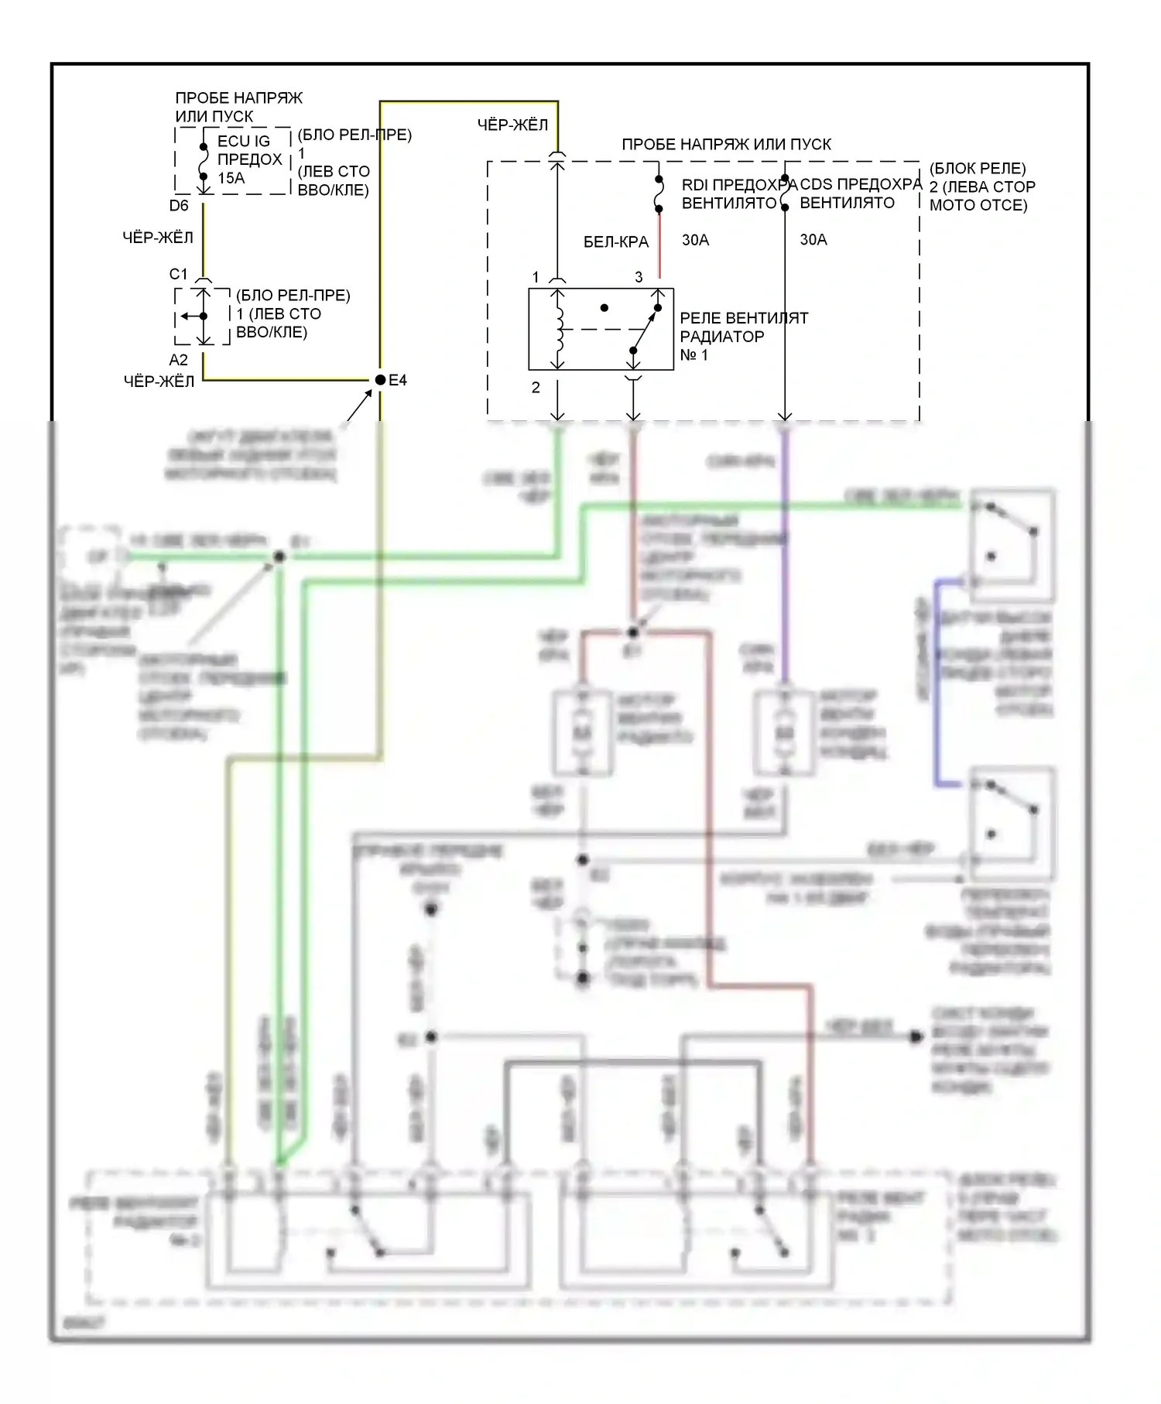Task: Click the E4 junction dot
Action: pyautogui.click(x=380, y=380)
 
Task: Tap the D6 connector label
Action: pyautogui.click(x=179, y=206)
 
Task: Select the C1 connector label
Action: pyautogui.click(x=179, y=274)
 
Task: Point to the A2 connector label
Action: pyautogui.click(x=179, y=360)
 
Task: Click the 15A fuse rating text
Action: pyautogui.click(x=231, y=179)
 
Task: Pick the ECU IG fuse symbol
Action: pyautogui.click(x=204, y=161)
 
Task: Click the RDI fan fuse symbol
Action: pyautogui.click(x=659, y=193)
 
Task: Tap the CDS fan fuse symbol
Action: pyautogui.click(x=785, y=194)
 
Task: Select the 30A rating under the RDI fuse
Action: pyautogui.click(x=695, y=240)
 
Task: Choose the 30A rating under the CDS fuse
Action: pyautogui.click(x=813, y=240)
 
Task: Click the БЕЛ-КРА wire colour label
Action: pyautogui.click(x=616, y=242)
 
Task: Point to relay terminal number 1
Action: pyautogui.click(x=536, y=277)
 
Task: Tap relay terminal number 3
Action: pyautogui.click(x=639, y=277)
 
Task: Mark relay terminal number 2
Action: pyautogui.click(x=536, y=388)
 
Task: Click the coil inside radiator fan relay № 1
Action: pyautogui.click(x=557, y=329)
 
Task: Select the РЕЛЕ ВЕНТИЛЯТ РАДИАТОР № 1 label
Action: pyautogui.click(x=743, y=337)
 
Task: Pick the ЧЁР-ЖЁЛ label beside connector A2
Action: pyautogui.click(x=159, y=381)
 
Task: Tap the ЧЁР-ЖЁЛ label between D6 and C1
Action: pyautogui.click(x=158, y=238)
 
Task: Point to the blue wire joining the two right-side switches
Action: pyautogui.click(x=937, y=681)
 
